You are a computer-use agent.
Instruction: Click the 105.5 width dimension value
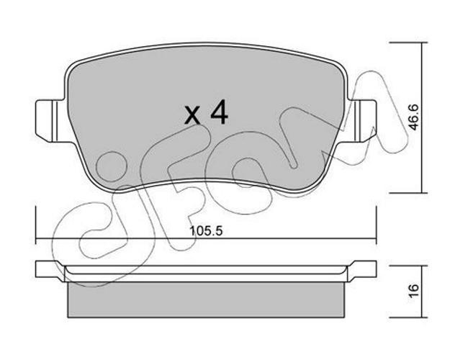206,230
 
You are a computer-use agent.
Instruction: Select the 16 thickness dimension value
414,291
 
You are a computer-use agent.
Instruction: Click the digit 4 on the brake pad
219,112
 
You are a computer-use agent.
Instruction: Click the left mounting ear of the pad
50,121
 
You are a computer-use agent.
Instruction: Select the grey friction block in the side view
206,300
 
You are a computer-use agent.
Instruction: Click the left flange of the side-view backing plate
50,269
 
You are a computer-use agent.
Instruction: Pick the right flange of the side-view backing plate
362,269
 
